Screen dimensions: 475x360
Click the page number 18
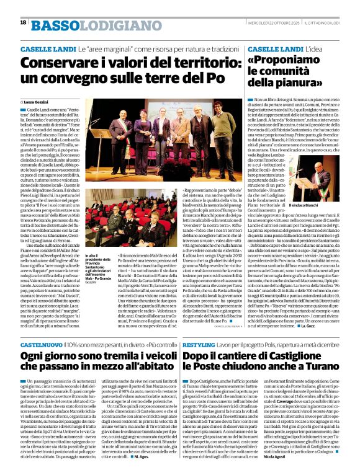(23, 22)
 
